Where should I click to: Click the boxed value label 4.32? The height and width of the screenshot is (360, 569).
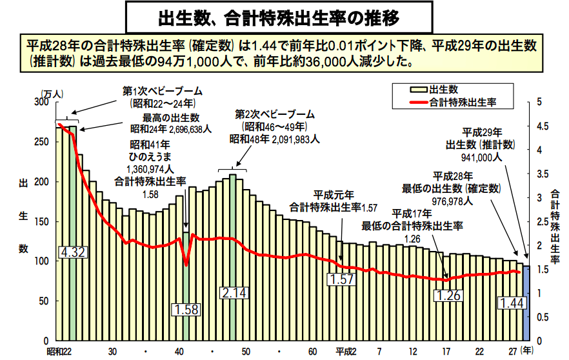click(72, 252)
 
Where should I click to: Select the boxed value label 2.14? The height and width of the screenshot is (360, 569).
click(234, 293)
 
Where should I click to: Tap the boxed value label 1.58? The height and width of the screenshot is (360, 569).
click(185, 310)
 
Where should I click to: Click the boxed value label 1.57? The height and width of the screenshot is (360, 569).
click(342, 279)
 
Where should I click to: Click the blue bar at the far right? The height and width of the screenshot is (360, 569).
click(526, 303)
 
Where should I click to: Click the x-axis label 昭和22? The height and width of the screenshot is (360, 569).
click(59, 352)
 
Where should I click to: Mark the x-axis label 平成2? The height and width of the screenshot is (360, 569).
click(347, 352)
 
